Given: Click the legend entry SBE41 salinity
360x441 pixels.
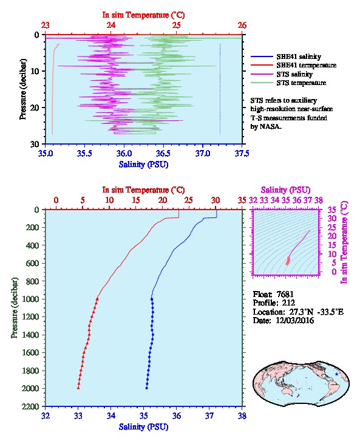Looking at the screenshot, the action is pos(299,56).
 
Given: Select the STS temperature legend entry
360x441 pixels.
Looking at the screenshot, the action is pos(301,83).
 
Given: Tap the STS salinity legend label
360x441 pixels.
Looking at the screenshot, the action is pos(294,74).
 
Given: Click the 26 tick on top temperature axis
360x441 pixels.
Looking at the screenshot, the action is pos(242,26).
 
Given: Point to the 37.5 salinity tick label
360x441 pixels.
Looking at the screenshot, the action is pos(242,154).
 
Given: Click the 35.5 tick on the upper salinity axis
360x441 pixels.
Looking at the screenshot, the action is pos(84,154).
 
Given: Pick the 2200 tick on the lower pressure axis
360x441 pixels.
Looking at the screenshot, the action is pos(30,406).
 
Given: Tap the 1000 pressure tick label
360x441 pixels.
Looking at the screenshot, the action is pos(30,299).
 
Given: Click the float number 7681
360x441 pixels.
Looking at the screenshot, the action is pos(285,294).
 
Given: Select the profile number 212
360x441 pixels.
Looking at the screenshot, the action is pos(288,303).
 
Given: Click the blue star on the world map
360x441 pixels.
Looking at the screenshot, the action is pos(336,374).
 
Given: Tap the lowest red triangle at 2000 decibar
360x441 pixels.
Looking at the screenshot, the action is pos(78,388).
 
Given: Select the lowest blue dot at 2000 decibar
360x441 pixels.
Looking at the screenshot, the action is pos(146,388).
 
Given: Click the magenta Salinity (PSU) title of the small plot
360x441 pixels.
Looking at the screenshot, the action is pos(285,190).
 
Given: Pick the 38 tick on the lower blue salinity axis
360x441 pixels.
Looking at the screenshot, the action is pos(242,415).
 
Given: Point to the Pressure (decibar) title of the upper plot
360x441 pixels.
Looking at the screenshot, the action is pos(22,89).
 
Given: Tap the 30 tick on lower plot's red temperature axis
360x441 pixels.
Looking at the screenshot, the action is pos(216,200).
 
